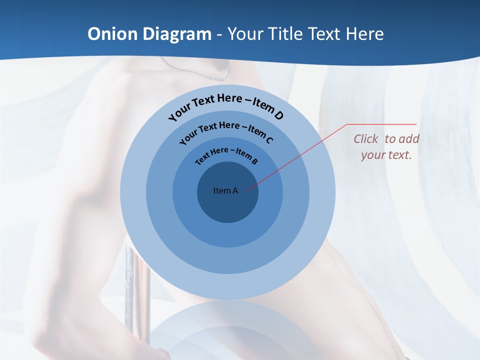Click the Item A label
[225, 190]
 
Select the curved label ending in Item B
[226, 154]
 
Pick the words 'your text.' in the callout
[386, 155]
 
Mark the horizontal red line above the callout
[381, 124]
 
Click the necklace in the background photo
[200, 72]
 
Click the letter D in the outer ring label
[278, 116]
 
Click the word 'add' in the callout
[409, 139]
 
